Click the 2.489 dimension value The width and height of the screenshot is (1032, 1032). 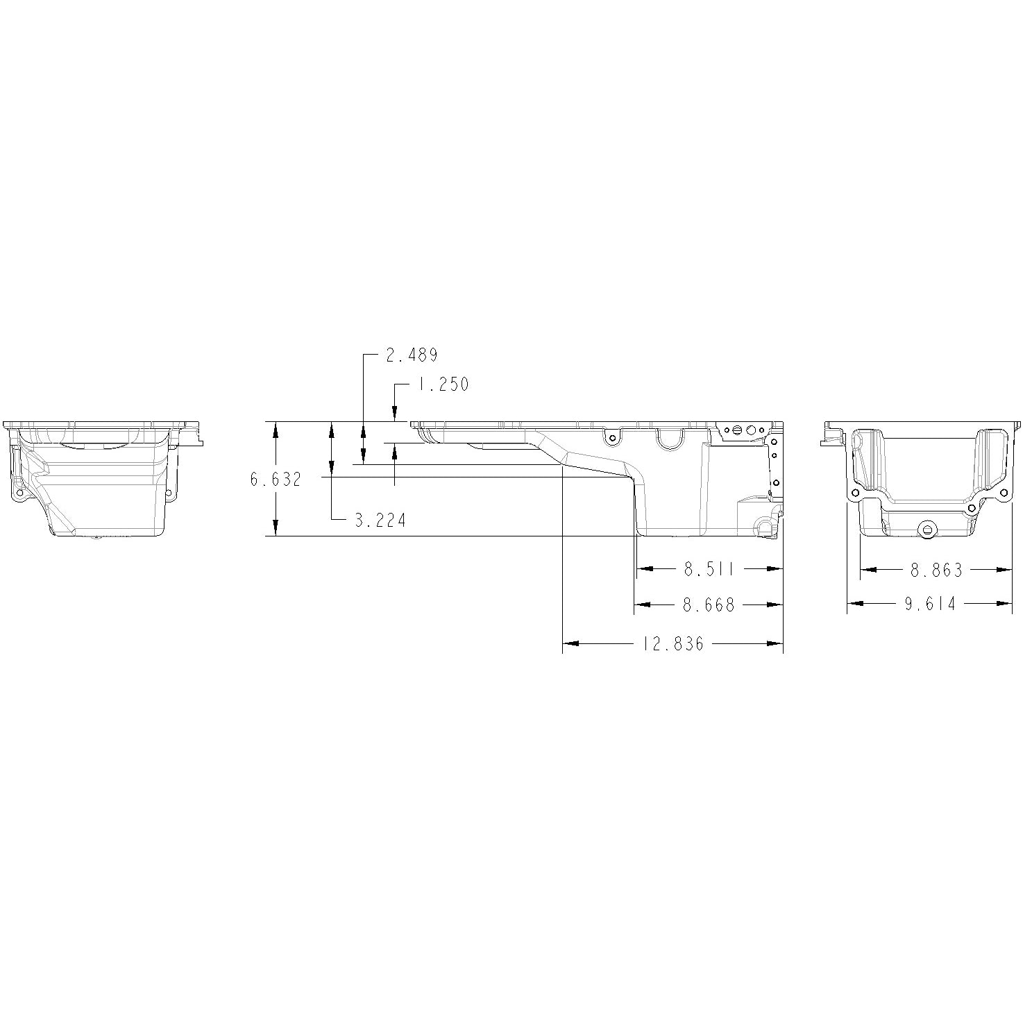point(412,355)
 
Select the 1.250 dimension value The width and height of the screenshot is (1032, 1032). point(443,384)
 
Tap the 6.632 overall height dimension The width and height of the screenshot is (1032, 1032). point(276,479)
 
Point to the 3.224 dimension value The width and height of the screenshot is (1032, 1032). point(380,521)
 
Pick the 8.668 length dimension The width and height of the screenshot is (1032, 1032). point(709,606)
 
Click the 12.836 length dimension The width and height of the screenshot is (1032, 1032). point(673,645)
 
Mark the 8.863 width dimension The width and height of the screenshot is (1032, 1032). point(937,570)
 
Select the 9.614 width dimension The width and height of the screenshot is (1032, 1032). point(930,604)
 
